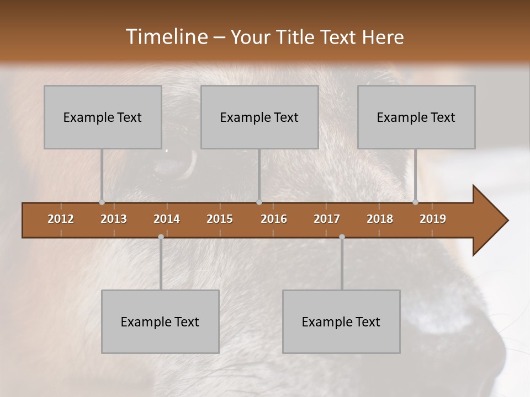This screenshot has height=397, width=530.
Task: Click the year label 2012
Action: [61, 219]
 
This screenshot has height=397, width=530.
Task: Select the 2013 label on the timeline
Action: [114, 219]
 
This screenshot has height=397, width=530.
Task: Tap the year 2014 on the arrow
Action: [167, 219]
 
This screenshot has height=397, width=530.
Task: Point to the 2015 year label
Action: [220, 219]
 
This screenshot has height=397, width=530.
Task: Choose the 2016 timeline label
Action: [274, 219]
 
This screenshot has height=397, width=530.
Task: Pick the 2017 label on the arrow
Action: [327, 219]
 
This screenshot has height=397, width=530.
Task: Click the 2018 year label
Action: [380, 219]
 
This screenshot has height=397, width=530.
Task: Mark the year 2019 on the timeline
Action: [433, 219]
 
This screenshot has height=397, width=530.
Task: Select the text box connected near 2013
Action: [103, 117]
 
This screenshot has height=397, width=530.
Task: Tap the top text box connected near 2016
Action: [259, 117]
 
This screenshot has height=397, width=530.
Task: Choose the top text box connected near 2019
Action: [416, 117]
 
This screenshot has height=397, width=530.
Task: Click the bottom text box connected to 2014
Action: [160, 321]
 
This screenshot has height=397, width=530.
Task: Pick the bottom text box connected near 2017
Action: [341, 321]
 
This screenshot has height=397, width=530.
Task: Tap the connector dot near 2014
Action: [161, 237]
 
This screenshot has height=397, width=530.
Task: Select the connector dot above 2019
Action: [415, 202]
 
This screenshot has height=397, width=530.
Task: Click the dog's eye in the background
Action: [174, 163]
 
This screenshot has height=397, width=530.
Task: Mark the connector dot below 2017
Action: [342, 237]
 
